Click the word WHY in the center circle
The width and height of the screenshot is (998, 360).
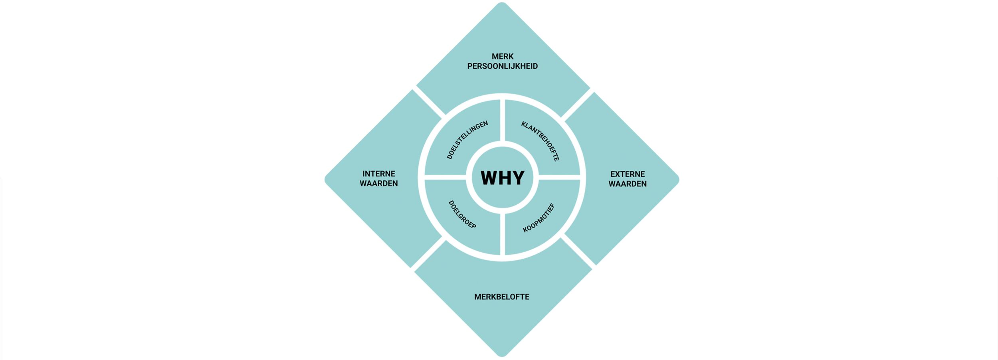click(502, 178)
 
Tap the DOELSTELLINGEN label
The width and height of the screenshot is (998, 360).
click(467, 140)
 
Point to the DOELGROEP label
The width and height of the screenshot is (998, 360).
click(462, 215)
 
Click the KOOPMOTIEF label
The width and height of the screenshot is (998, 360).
click(539, 218)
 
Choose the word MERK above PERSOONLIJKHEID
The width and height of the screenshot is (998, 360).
click(503, 57)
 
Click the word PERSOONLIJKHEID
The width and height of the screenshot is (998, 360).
click(503, 66)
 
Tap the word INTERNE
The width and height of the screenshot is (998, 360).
click(379, 174)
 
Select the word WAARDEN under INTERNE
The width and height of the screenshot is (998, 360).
click(379, 184)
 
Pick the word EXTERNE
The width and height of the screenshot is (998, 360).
click(628, 174)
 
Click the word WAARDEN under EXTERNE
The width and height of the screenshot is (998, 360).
click(628, 184)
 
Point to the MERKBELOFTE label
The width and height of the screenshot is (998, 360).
click(502, 297)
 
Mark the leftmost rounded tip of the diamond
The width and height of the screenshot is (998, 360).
click(326, 180)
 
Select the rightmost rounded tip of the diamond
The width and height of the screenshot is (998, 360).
click(678, 180)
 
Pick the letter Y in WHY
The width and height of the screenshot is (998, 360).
click(518, 178)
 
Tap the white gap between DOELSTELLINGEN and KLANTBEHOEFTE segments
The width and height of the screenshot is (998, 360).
click(503, 120)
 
